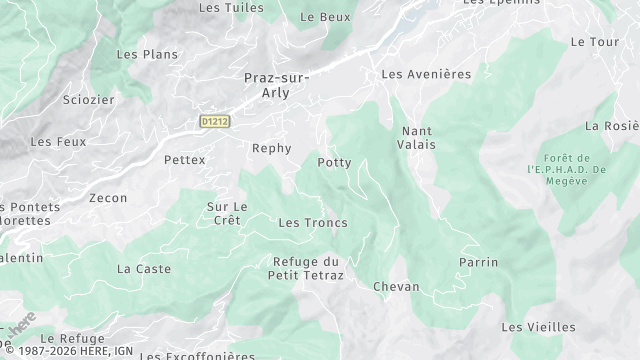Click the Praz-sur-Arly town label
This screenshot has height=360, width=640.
click(276, 85)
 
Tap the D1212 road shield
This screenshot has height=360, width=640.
click(214, 122)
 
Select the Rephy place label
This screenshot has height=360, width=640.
click(272, 149)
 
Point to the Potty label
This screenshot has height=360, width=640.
click(334, 162)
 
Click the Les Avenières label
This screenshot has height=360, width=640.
click(426, 74)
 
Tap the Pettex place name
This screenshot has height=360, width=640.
click(184, 160)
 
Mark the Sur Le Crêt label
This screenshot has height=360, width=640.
click(227, 214)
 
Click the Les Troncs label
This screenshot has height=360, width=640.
click(313, 222)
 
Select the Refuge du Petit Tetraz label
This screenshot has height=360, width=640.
click(308, 268)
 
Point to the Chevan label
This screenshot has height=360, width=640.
click(396, 287)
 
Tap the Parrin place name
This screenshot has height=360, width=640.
click(478, 262)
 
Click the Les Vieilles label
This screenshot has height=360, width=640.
click(538, 327)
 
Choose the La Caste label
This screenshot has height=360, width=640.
click(144, 269)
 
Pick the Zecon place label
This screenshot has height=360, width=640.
click(108, 198)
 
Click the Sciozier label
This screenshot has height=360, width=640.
click(89, 100)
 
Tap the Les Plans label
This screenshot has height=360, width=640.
click(147, 54)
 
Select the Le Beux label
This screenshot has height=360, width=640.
click(325, 17)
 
